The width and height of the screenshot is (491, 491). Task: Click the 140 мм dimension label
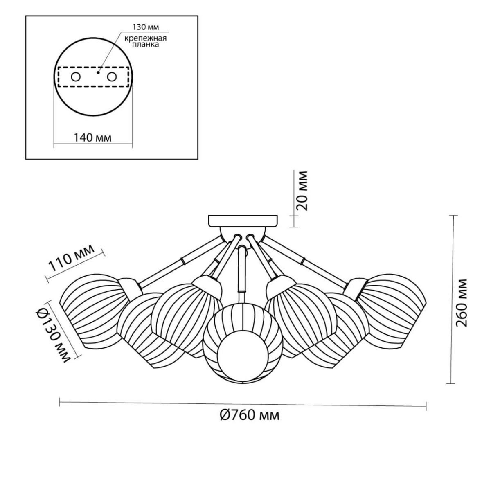point(93,138)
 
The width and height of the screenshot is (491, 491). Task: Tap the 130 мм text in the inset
point(146,27)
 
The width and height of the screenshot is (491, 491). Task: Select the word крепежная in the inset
point(146,38)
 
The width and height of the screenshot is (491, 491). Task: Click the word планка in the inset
point(146,44)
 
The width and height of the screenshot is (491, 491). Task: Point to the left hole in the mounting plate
point(76,77)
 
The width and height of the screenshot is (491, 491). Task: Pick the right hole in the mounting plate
point(112,77)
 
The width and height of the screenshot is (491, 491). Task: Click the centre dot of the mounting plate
point(98,72)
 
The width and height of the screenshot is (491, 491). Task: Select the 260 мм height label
point(462,303)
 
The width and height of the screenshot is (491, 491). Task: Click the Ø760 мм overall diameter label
point(250,416)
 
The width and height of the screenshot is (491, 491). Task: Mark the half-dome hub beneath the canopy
point(243,234)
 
